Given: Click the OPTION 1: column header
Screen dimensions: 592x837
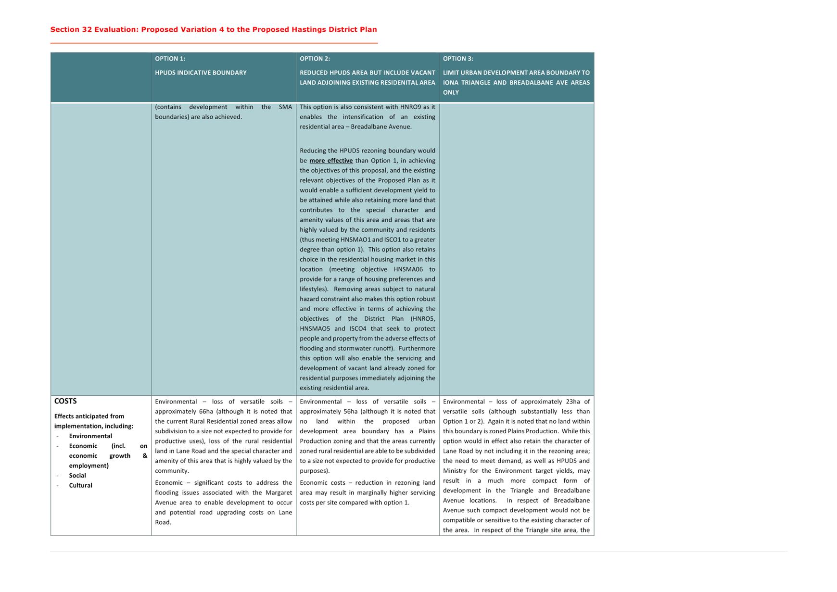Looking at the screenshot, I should coord(170,59).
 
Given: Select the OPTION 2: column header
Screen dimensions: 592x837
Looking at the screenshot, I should coord(315,59).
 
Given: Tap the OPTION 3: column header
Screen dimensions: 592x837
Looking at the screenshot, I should coord(458,59).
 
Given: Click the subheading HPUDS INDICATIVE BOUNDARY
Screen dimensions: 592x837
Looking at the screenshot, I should coord(201,73).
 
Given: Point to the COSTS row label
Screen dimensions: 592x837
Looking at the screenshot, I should coord(65,401).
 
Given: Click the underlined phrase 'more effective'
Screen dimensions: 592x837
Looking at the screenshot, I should coord(331,161).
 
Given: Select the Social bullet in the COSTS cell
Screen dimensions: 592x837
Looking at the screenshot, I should coord(77,476).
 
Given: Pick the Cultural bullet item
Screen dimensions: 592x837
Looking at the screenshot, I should coord(80,485).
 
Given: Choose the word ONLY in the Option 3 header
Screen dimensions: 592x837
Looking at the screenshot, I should coord(451,92).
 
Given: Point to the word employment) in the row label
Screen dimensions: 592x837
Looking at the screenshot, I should coord(89,466).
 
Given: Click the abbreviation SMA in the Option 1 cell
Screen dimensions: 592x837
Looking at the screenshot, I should coord(285,107).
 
